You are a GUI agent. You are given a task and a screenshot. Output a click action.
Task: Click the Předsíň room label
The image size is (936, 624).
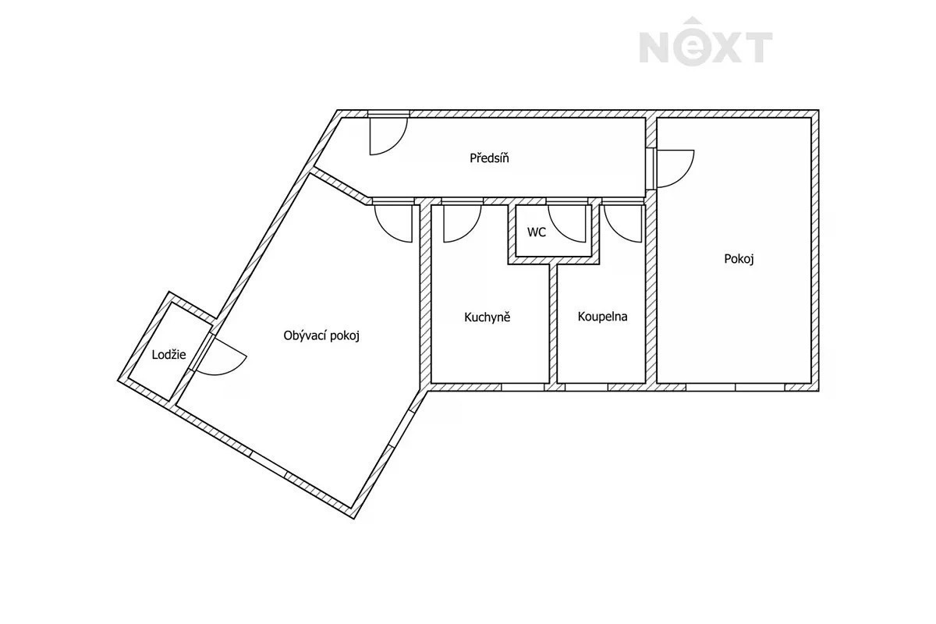[x=489, y=158]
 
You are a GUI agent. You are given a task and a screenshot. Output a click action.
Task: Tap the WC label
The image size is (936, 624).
[x=537, y=232]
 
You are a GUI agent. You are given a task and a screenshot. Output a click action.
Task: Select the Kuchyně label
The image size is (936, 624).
[x=487, y=317]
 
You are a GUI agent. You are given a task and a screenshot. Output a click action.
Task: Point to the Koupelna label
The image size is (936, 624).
[x=602, y=317]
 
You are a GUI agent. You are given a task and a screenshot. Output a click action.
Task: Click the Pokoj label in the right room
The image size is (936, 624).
[x=739, y=259]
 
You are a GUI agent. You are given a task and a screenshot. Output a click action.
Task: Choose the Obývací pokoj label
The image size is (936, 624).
[x=321, y=335]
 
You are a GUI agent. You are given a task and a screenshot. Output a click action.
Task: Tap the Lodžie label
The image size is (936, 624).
[x=168, y=355]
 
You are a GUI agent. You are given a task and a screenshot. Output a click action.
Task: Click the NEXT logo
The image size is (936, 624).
[x=706, y=41]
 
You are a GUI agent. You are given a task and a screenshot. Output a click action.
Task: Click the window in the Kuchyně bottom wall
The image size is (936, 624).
[x=523, y=388]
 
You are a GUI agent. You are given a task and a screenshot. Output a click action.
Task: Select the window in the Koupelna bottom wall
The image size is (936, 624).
[x=587, y=388]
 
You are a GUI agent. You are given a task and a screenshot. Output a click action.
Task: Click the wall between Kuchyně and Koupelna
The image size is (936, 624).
[x=553, y=324]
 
